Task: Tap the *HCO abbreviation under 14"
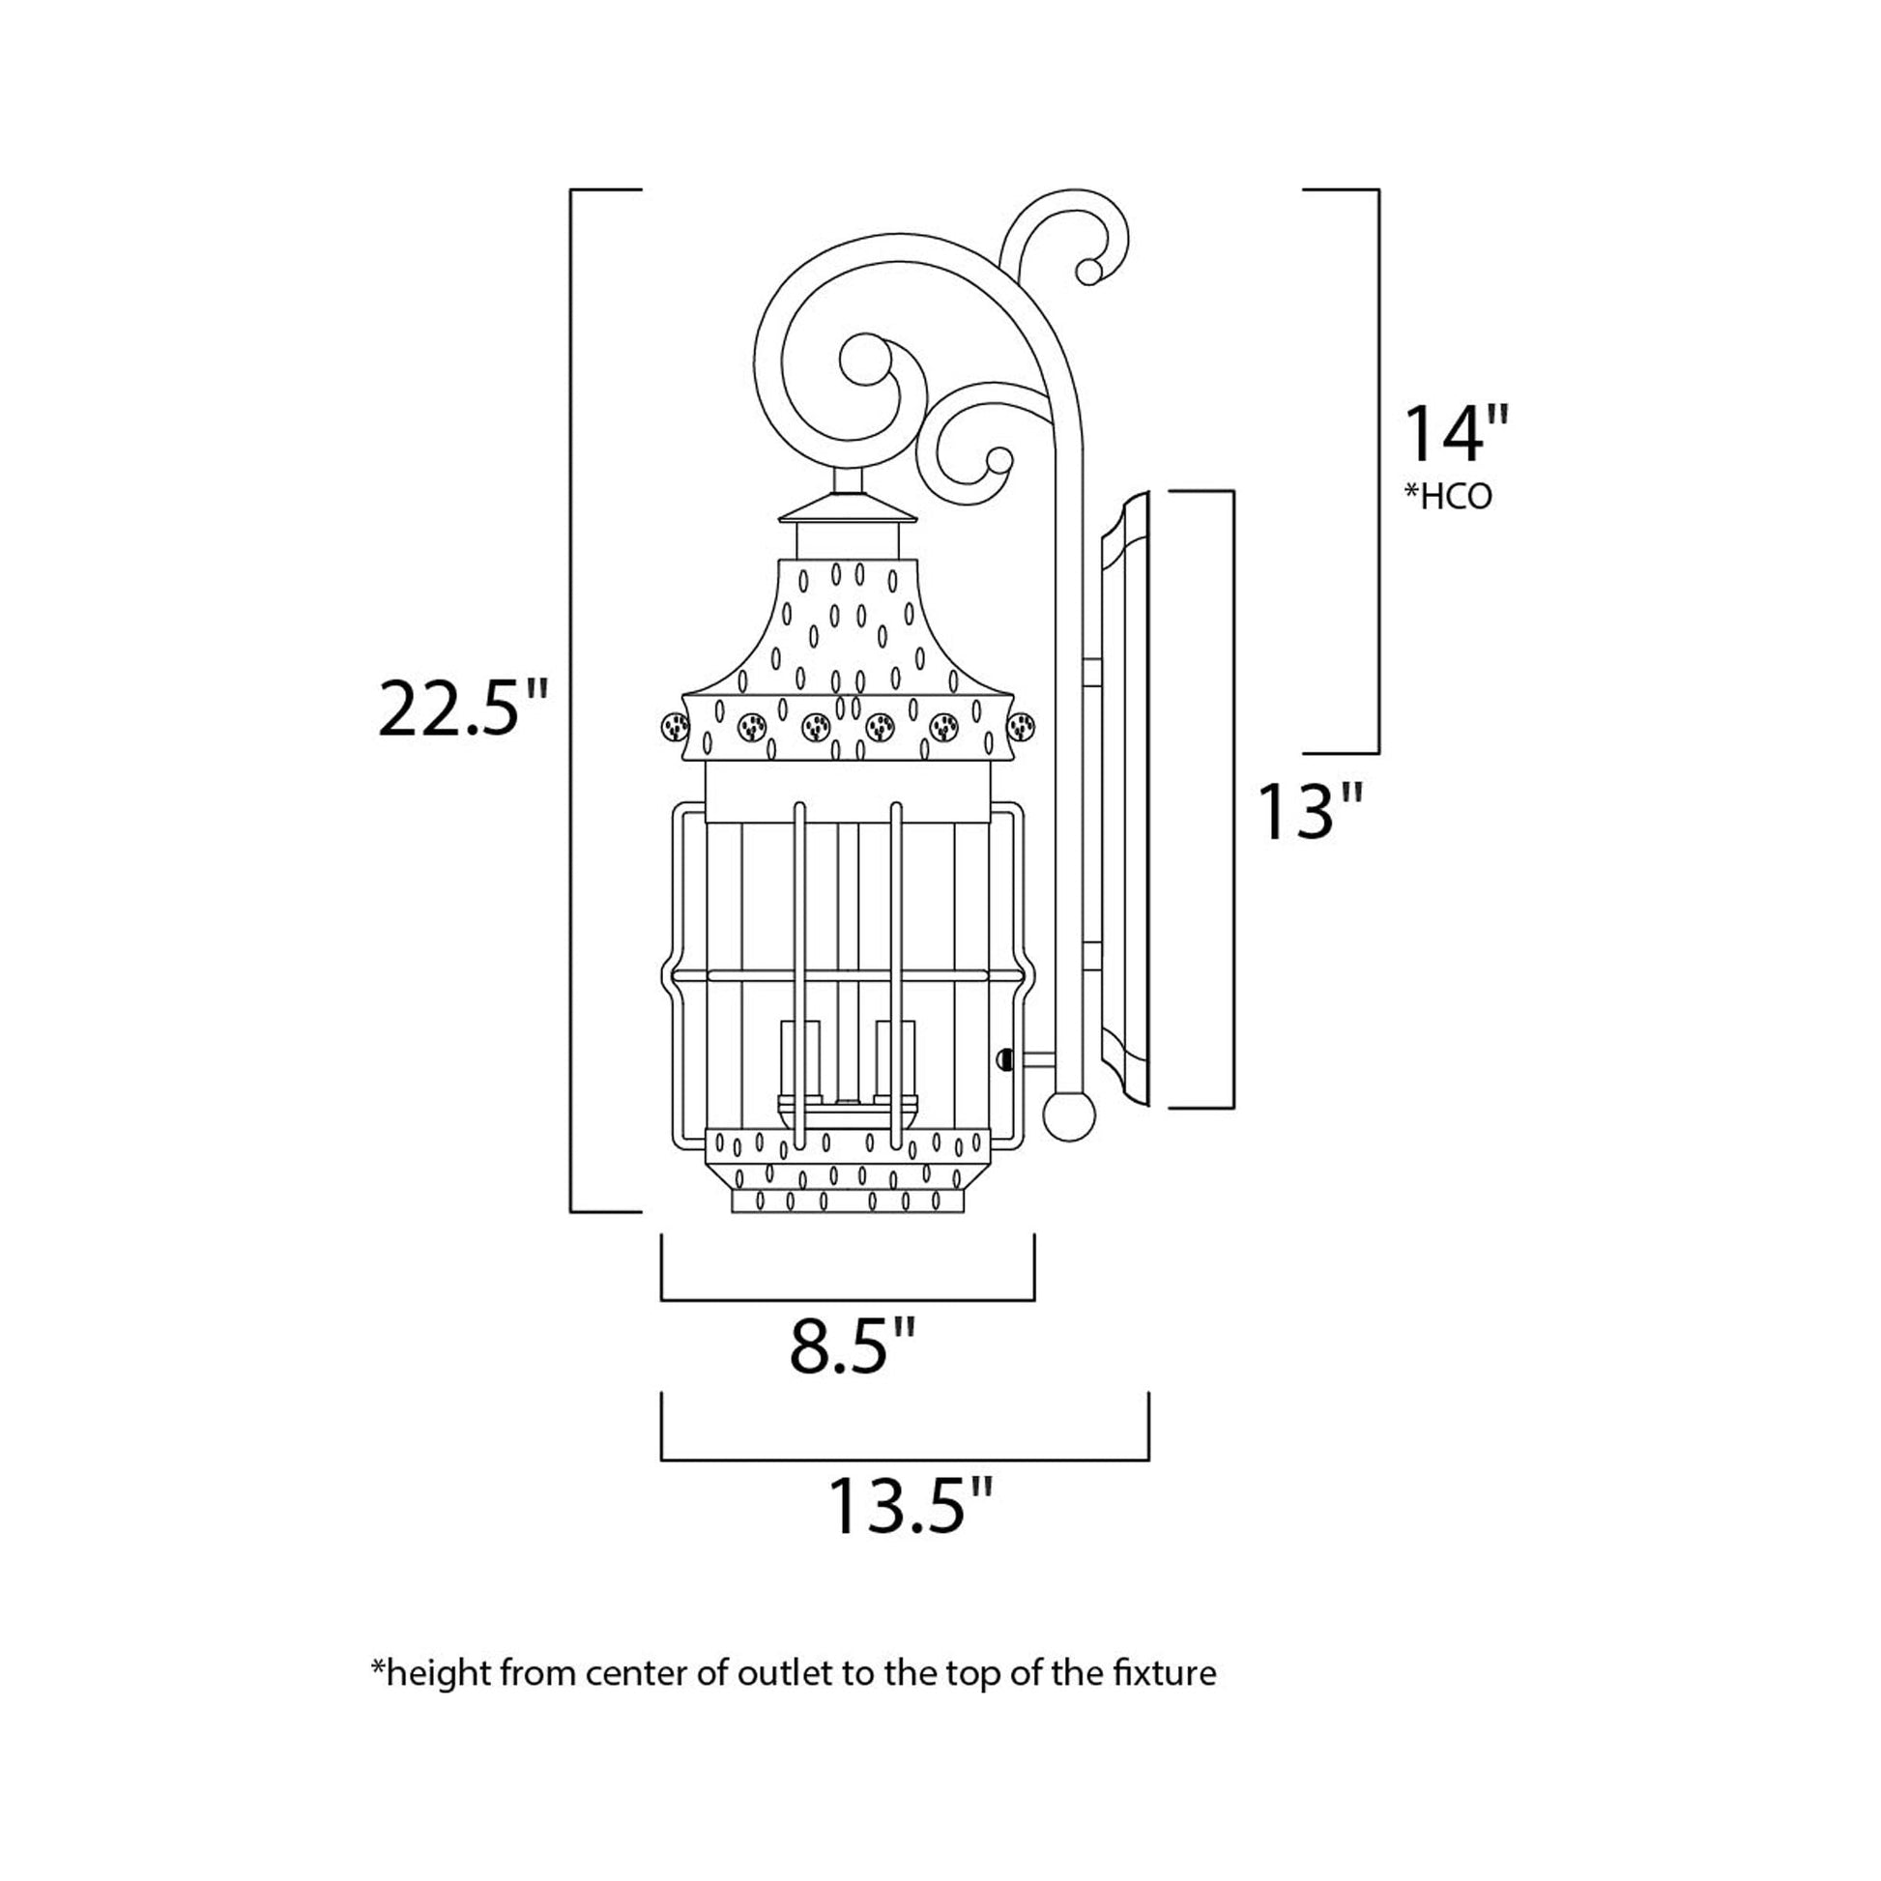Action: [x=1449, y=498]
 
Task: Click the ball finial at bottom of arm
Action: [x=1068, y=1115]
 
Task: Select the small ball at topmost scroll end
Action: [x=1090, y=272]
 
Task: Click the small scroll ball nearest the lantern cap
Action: [x=998, y=460]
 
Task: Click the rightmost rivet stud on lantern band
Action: [x=1022, y=725]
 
